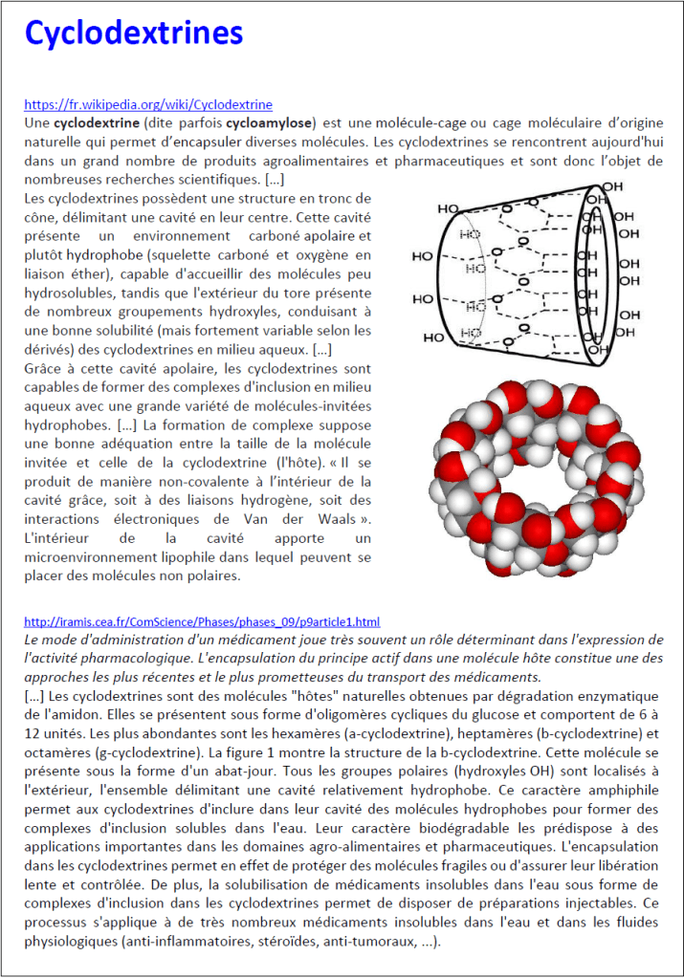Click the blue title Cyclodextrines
134,34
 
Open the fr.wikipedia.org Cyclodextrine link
148,105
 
